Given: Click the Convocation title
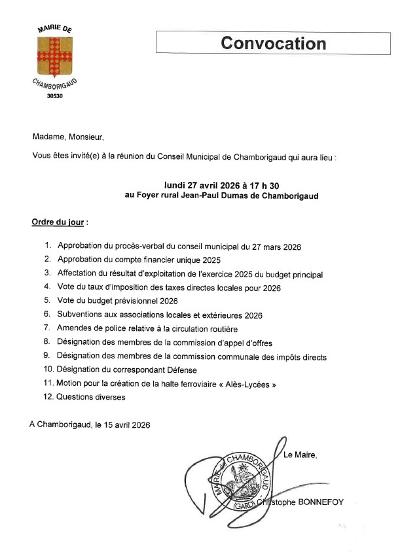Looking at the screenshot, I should [273, 43].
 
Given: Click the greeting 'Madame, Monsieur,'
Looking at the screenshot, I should [68, 137].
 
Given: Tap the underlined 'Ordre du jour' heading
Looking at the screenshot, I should [58, 222].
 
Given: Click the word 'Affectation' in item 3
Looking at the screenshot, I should [78, 275].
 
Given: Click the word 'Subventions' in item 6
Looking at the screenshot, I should [79, 315].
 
